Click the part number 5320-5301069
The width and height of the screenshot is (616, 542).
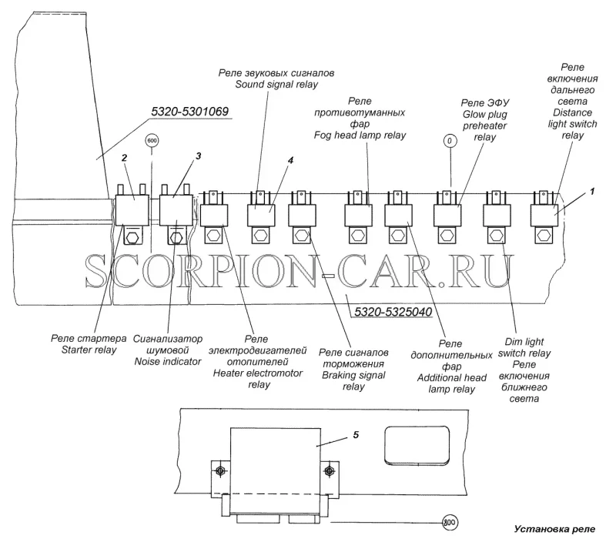(x=189, y=112)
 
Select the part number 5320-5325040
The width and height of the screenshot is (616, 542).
(x=393, y=312)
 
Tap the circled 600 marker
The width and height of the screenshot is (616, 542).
(x=152, y=141)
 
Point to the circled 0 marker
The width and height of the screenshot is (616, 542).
(x=450, y=141)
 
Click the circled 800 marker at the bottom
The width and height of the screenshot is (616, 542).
(x=450, y=522)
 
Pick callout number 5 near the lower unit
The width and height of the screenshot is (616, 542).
(x=356, y=435)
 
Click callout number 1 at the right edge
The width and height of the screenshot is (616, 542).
(x=592, y=191)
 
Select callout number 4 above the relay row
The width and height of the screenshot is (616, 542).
(x=290, y=160)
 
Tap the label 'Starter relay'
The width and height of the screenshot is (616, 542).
(x=89, y=350)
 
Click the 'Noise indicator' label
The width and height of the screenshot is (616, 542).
(x=168, y=361)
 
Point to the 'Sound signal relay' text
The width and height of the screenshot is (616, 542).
(x=276, y=85)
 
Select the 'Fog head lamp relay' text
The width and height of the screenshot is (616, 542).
(x=360, y=135)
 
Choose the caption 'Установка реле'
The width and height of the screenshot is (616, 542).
(x=554, y=529)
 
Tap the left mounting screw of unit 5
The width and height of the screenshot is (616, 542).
(x=220, y=470)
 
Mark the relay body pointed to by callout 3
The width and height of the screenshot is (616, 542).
(x=176, y=210)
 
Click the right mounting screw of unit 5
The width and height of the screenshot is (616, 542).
(x=330, y=470)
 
